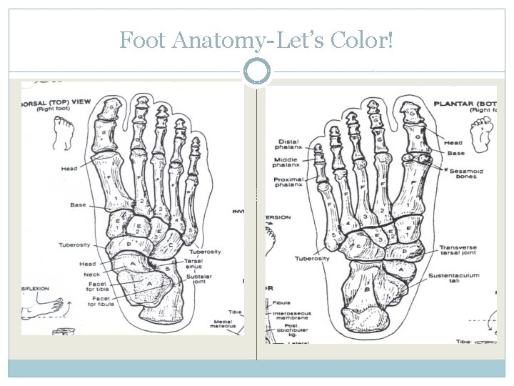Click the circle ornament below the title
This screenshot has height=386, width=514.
coord(257,71)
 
